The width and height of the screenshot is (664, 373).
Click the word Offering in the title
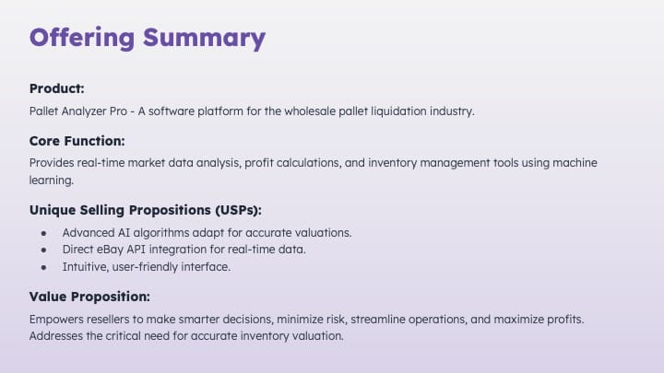82,38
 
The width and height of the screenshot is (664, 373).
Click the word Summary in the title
204,39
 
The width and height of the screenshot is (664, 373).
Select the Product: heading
57,88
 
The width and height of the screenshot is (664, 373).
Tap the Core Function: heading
77,141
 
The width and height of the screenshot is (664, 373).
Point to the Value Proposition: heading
89,297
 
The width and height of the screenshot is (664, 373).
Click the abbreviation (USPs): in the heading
239,210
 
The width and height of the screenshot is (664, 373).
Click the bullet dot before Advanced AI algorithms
43,233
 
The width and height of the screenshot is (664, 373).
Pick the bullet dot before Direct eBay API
43,250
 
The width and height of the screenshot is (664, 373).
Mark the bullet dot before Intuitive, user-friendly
43,267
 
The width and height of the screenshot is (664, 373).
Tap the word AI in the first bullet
125,233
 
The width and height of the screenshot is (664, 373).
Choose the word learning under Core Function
52,181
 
